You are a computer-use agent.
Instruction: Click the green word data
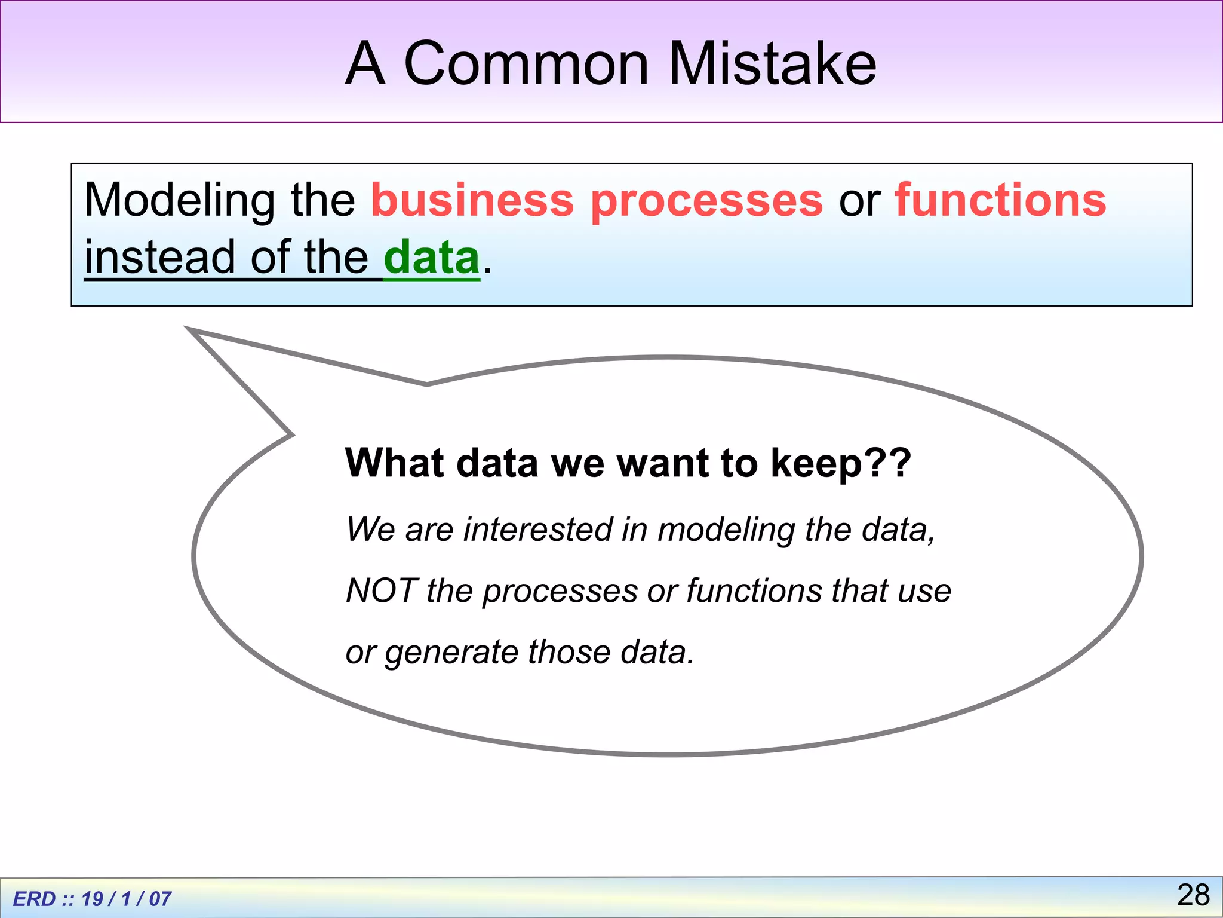[x=431, y=258]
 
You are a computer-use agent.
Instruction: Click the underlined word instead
[x=160, y=258]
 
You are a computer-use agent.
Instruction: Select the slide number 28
[x=1193, y=895]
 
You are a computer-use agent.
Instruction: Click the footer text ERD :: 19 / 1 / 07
[x=92, y=898]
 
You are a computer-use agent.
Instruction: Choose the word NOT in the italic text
[x=380, y=590]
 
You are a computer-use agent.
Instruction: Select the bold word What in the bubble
[x=395, y=463]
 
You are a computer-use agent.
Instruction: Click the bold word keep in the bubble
[x=815, y=464]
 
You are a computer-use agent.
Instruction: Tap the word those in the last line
[x=570, y=651]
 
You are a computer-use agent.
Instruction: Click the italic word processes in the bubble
[x=560, y=592]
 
